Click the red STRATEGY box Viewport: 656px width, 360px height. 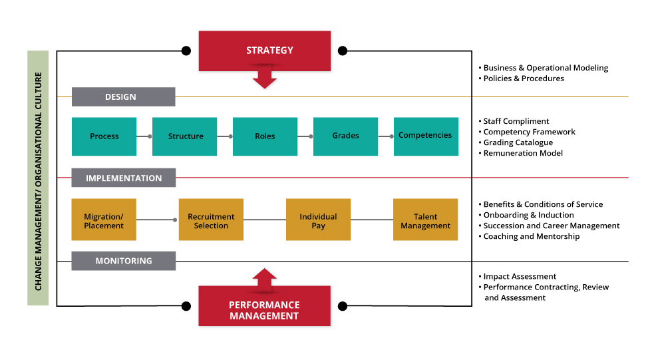coord(264,51)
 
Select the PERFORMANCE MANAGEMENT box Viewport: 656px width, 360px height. coord(264,306)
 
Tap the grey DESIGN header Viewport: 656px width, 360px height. coord(124,96)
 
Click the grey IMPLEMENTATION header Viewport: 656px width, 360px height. coord(124,178)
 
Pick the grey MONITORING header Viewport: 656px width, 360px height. coord(124,261)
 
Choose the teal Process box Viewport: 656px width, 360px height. coord(104,136)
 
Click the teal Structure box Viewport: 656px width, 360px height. coord(184,136)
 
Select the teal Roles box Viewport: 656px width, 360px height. coord(265,136)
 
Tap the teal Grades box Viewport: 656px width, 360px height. coord(345,136)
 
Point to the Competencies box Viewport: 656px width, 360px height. coord(426,136)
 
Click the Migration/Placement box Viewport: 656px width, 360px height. coord(104,220)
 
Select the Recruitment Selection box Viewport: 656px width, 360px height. coord(211,220)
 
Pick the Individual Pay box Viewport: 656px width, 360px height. coord(319,220)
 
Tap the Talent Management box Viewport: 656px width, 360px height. coord(426,220)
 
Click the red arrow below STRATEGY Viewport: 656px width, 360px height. coord(264,77)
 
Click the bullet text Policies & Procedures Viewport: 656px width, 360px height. coord(524,79)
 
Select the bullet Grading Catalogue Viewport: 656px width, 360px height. coord(518,143)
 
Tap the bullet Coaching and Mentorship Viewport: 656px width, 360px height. coord(532,236)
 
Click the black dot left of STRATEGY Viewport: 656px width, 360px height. coord(186,51)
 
